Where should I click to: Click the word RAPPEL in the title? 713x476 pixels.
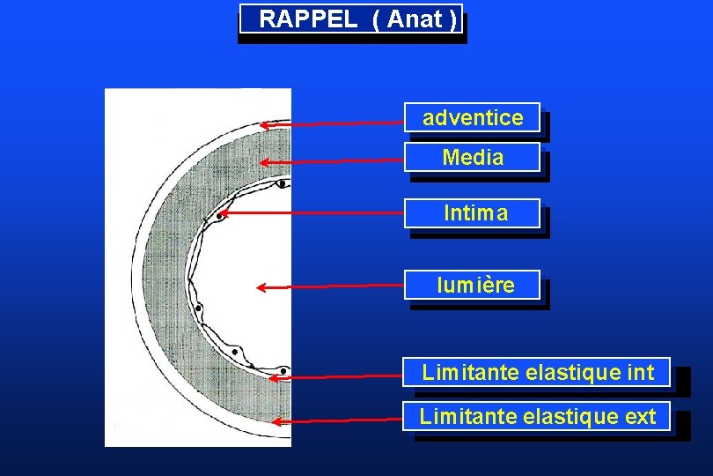[308, 19]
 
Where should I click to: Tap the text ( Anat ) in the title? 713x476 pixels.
[415, 19]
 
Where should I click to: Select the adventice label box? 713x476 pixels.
[473, 117]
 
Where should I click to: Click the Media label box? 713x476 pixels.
[473, 158]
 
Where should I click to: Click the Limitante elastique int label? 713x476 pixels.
[537, 372]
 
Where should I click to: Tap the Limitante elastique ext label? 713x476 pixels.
[537, 416]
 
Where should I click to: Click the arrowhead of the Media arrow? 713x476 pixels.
[263, 162]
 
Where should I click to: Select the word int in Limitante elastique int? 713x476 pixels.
[641, 372]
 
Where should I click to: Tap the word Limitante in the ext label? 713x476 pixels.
[457, 416]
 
